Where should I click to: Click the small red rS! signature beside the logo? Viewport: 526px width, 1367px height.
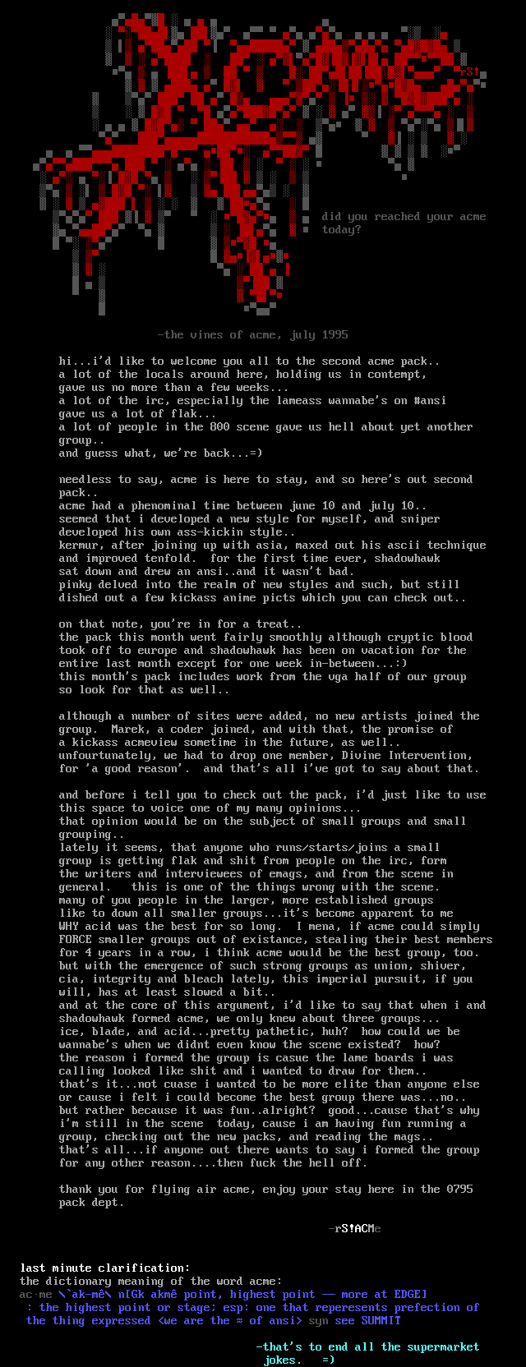[470, 71]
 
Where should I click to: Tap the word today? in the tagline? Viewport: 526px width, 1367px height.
[341, 230]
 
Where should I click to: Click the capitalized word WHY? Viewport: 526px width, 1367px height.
[69, 927]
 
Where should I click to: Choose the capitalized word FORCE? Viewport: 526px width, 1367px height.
[76, 940]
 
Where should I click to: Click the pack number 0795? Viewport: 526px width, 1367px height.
[460, 1190]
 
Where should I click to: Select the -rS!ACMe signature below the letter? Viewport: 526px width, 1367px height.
[354, 1229]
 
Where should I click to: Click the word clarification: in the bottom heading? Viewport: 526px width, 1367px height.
[145, 1268]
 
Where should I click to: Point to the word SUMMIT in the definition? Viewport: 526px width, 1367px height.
[381, 1321]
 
